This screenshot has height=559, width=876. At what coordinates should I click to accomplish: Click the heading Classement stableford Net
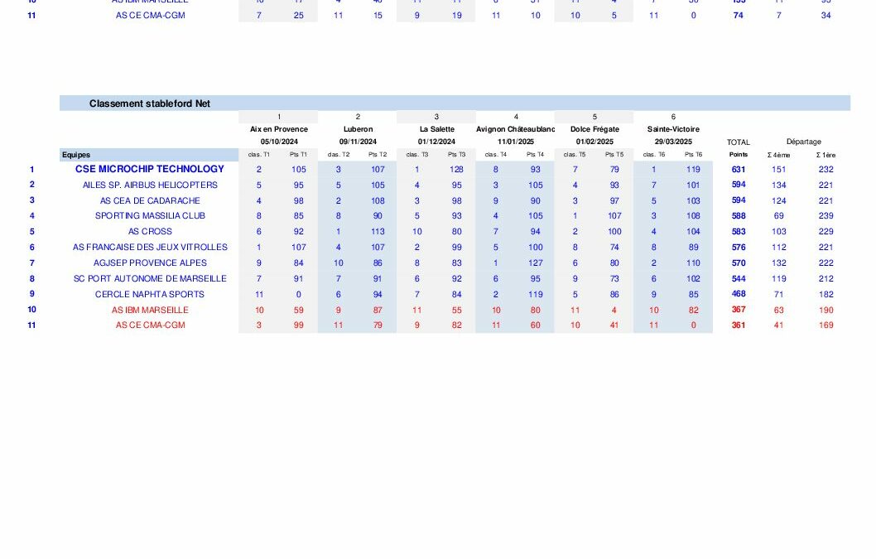pos(150,104)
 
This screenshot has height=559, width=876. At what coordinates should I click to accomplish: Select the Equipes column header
pos(76,155)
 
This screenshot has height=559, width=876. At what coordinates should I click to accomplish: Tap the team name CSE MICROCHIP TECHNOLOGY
pos(150,169)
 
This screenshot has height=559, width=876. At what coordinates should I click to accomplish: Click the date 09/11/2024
pos(358,142)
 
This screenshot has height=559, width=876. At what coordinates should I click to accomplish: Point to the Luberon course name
pos(358,129)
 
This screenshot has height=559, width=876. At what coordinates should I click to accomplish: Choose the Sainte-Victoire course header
pos(673,129)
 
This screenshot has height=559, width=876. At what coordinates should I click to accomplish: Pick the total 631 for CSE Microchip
pos(738,169)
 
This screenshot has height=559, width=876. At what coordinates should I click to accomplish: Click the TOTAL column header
pos(738,142)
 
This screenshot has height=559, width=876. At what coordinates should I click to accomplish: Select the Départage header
pos(803,142)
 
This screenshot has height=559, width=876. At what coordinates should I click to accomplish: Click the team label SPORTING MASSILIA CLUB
pos(150,216)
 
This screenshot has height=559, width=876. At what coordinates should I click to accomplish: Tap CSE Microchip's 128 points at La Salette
pos(457,169)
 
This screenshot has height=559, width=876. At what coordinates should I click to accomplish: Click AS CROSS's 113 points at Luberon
pos(378,232)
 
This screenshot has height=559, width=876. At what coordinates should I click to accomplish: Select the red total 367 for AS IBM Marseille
pos(738,310)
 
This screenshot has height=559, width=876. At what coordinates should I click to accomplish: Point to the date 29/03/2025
pos(673,142)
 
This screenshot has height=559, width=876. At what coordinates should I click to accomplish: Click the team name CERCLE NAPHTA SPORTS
pos(150,294)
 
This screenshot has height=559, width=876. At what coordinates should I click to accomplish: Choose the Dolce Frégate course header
pos(594,129)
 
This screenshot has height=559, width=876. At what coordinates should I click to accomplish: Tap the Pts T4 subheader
pos(536,155)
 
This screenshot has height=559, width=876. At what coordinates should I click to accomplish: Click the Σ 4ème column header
pos(778,155)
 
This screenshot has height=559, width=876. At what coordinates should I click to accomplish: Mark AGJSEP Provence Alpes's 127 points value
pos(536,263)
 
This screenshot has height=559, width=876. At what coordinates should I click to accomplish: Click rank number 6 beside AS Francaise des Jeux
pos(32,248)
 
